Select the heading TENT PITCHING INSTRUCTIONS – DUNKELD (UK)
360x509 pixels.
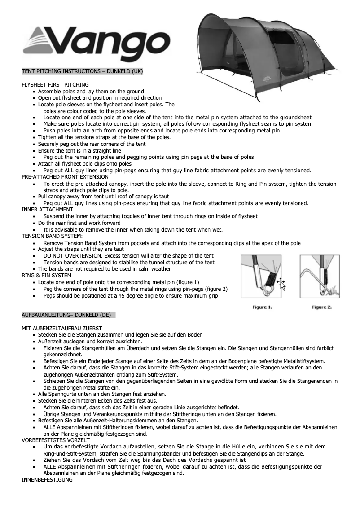(82, 71)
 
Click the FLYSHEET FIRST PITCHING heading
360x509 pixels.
(55, 84)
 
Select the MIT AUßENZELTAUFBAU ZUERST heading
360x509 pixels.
(61, 328)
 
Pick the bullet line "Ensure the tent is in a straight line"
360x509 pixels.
(79, 150)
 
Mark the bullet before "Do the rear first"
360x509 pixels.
(35, 223)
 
